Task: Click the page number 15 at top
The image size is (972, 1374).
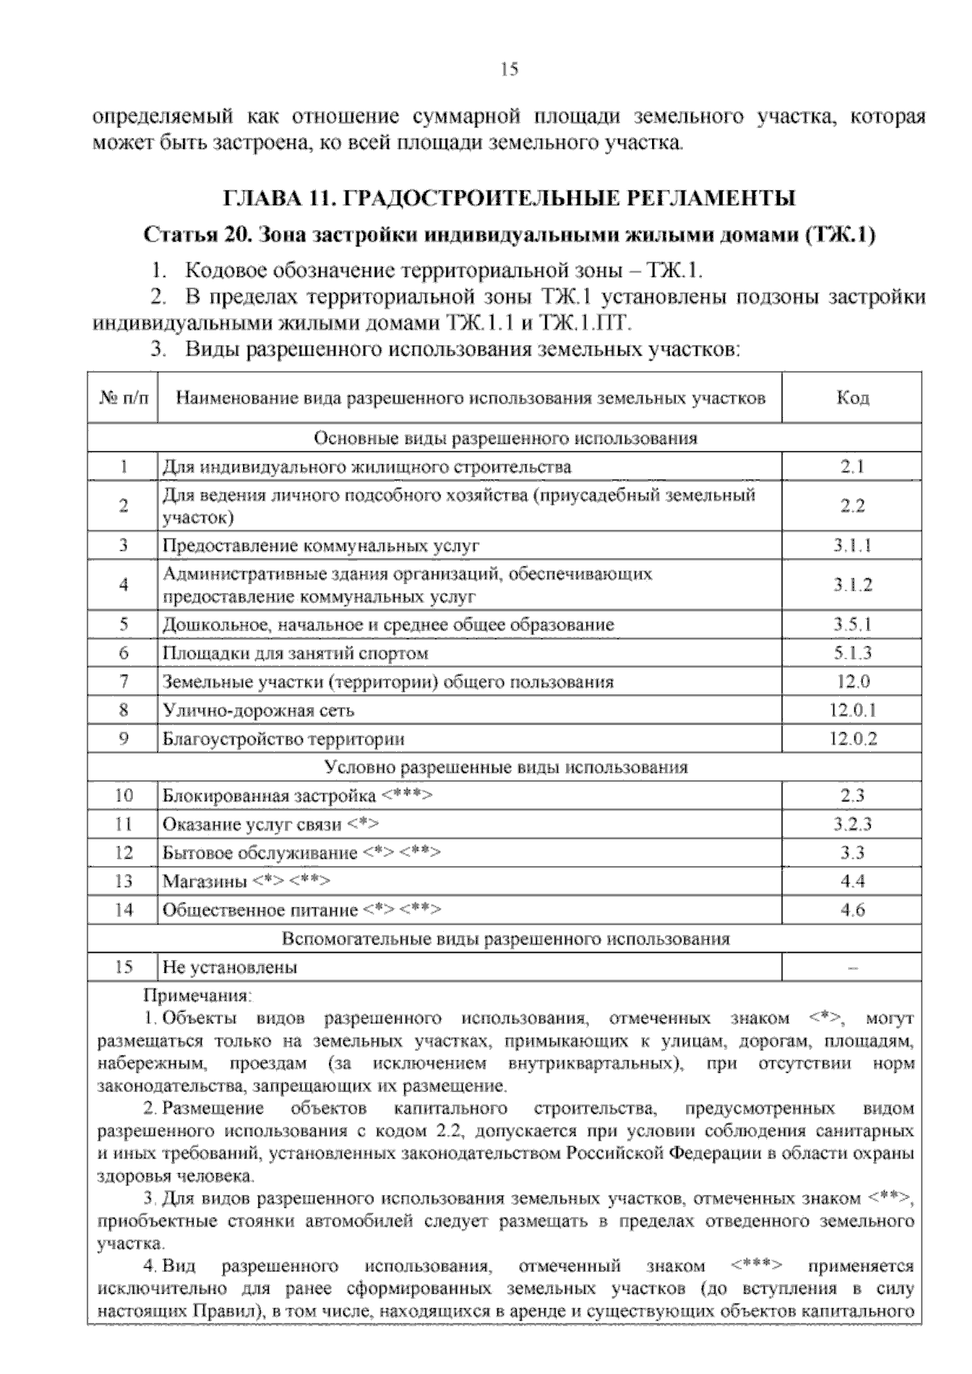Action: coord(509,70)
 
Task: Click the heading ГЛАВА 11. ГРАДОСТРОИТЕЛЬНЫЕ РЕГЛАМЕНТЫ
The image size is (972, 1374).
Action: coord(509,198)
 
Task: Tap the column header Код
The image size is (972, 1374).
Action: coord(852,398)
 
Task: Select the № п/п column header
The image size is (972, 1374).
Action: coord(123,398)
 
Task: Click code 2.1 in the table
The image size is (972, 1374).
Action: coord(852,467)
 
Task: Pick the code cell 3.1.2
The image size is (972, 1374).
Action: coord(852,585)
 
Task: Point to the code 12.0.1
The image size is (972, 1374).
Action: coord(852,710)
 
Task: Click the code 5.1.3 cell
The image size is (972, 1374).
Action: coord(852,653)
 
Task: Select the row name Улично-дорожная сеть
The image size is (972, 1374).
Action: coord(258,710)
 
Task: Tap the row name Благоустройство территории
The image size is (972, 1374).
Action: coord(283,739)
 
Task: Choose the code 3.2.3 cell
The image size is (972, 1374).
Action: coord(852,825)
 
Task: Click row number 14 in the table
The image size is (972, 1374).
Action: coord(123,910)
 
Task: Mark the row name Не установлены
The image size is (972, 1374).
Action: coord(230,967)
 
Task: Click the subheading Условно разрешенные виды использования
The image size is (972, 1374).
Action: coord(505,767)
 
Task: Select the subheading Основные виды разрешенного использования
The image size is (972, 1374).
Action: coord(505,438)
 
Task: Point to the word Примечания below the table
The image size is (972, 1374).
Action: coord(198,995)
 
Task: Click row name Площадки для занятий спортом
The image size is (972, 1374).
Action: coord(296,653)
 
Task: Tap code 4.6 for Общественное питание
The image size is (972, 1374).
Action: coord(852,910)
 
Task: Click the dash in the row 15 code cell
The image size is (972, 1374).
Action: coord(852,967)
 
